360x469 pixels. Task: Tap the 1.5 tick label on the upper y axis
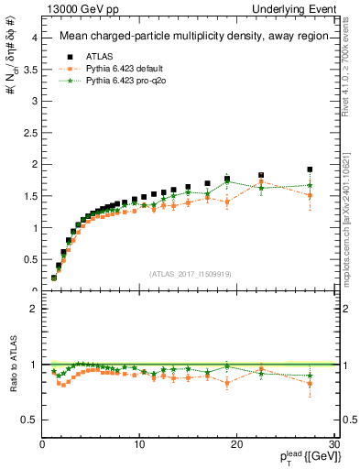click(x=27, y=196)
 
